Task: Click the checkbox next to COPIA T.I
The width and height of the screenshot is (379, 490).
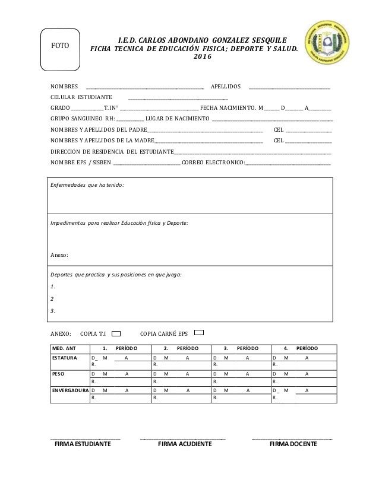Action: (x=118, y=333)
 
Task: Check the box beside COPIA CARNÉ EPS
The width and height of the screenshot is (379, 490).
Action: (x=200, y=333)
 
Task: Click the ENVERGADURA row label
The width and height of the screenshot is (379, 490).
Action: (x=70, y=390)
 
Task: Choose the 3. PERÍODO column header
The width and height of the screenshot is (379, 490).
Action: (x=241, y=347)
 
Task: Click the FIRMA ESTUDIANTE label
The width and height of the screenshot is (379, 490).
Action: (x=83, y=444)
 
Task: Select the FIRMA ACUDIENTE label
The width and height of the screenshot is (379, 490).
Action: (x=181, y=444)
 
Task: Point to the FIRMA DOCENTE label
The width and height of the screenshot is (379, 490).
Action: (x=293, y=444)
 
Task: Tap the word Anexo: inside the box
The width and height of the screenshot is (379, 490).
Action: (x=60, y=255)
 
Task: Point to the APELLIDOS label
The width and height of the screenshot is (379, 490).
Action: (x=226, y=86)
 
